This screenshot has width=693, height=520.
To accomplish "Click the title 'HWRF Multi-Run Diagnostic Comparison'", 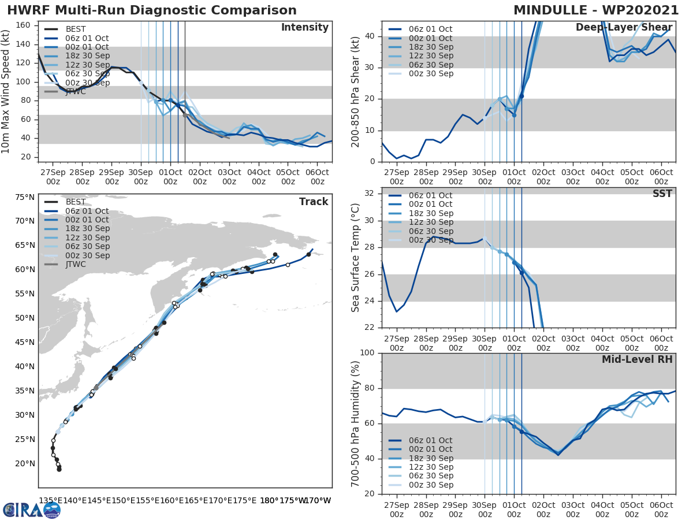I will tap(152, 10).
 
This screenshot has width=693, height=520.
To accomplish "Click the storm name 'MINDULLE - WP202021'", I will tap(596, 10).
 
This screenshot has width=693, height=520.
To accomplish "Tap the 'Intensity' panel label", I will tap(304, 28).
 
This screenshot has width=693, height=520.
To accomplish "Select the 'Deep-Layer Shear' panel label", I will tap(624, 28).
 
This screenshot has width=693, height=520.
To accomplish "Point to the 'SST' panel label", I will tap(662, 194).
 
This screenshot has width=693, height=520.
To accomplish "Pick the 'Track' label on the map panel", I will tap(314, 202).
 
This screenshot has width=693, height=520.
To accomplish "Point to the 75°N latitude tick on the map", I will tap(24, 197).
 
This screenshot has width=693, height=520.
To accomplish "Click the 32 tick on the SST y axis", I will tap(370, 193).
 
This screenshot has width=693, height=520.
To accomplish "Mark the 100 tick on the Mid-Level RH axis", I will tap(367, 352).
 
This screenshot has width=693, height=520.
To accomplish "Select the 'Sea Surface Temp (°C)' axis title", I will tap(356, 257).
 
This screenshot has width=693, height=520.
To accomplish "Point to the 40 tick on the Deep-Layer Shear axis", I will tap(370, 36).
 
